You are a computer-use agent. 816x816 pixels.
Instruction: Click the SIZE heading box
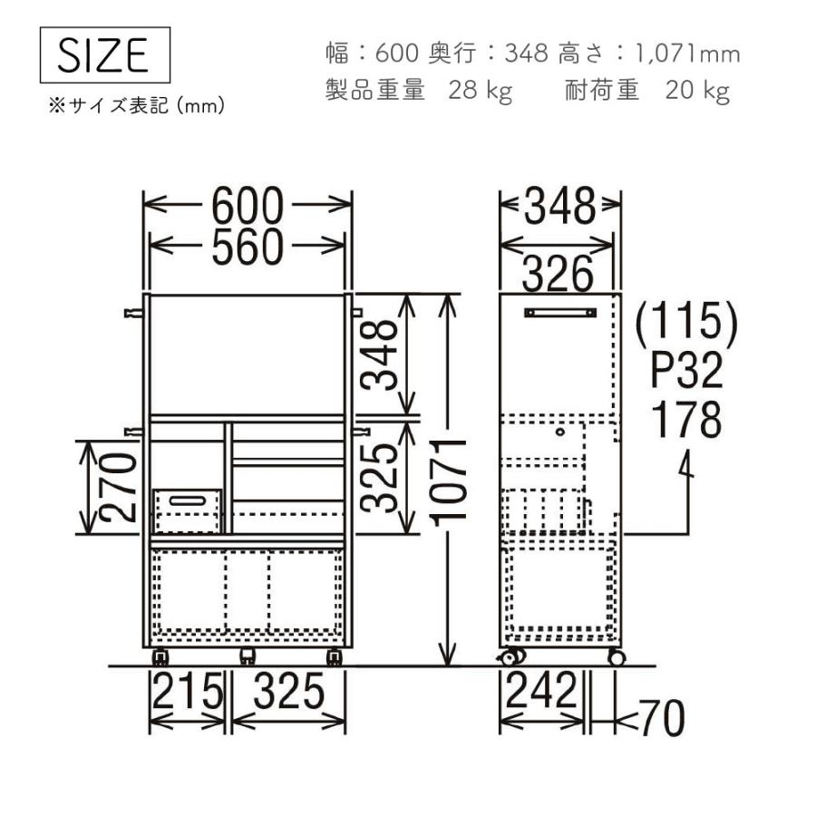point(105,55)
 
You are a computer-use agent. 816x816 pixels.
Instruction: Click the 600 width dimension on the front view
point(248,206)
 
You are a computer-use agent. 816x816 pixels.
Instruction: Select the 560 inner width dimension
point(248,247)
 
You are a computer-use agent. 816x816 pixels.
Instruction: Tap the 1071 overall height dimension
point(449,482)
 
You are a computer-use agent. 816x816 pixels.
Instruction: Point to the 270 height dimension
point(118,487)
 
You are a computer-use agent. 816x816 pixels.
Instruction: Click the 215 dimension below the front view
point(188,691)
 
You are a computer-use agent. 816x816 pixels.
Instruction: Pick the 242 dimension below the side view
point(541,690)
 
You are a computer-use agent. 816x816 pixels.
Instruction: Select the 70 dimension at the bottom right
point(662,718)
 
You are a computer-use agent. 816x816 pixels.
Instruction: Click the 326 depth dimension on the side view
point(558,273)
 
